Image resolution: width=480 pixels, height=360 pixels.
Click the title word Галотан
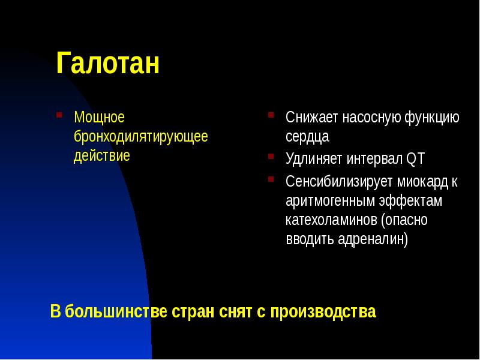pos(108,64)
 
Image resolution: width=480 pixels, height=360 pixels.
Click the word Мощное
pos(99,116)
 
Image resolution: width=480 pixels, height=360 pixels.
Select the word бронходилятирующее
pos(141,136)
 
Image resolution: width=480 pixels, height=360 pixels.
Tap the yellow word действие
pos(101,156)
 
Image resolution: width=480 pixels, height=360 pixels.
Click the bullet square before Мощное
pos(59,113)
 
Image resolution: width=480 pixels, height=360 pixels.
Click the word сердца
pos(307,137)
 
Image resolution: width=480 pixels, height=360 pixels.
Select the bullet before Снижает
pos(272,114)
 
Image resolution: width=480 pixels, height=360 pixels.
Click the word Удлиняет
pos(314,159)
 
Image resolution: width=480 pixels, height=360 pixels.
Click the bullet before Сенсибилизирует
pos(272,178)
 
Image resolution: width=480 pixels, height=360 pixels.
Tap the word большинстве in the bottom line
pos(117,312)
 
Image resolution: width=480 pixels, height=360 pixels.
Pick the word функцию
pos(430,117)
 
